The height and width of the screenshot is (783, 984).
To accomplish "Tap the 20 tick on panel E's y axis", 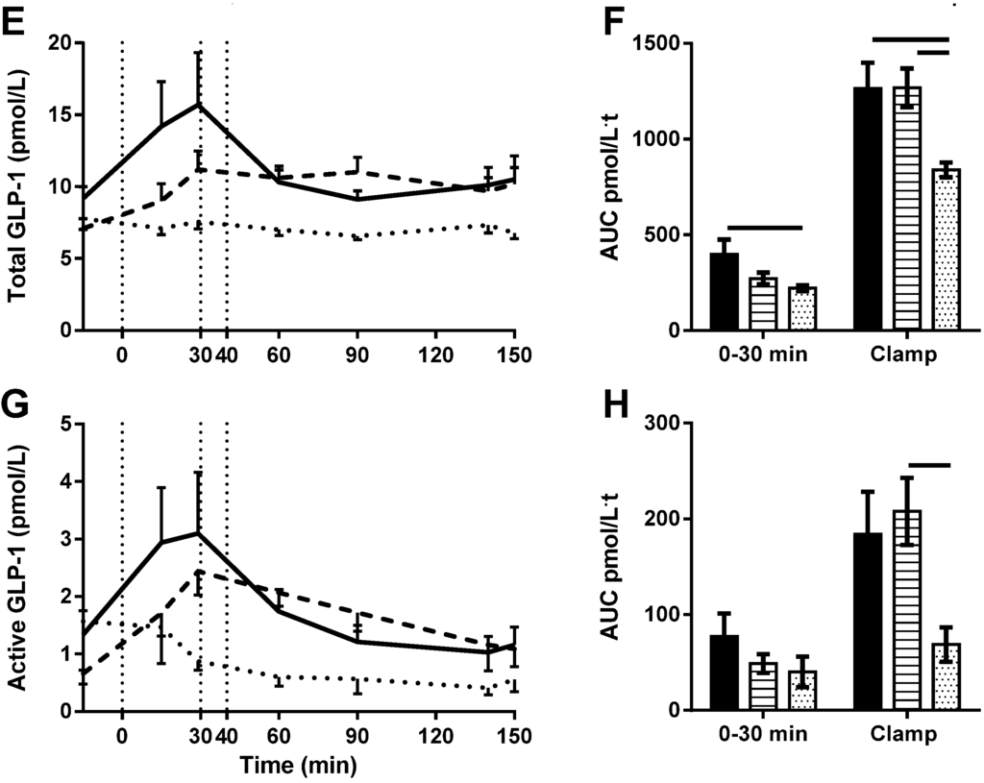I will tap(61, 43).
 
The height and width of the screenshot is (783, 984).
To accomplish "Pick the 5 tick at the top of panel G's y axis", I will tap(66, 424).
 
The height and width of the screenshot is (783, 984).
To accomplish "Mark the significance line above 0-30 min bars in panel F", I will tap(764, 228).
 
